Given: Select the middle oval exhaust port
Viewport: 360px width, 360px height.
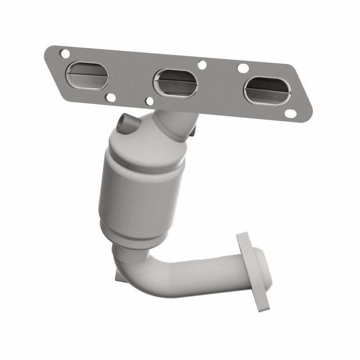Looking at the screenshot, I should click(x=175, y=82).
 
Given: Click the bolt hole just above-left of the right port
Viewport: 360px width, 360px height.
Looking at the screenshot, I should click(x=243, y=68).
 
